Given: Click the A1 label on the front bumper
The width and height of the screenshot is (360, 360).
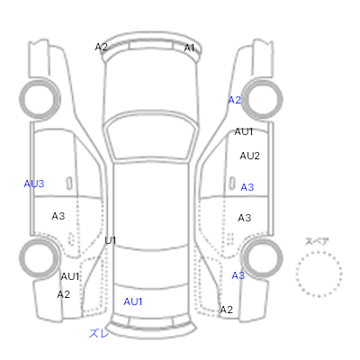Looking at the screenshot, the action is (x=189, y=48).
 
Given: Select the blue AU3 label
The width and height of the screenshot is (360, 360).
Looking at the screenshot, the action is (x=34, y=184).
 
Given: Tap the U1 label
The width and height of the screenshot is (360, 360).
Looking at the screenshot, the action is (x=111, y=240).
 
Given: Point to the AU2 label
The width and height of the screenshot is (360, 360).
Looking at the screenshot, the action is (x=249, y=156).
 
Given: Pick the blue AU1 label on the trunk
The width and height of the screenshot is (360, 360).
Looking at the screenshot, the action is (x=133, y=301).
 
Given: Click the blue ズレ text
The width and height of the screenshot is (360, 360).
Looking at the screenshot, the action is (x=99, y=333).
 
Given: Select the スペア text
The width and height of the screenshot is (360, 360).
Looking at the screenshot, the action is (x=317, y=242).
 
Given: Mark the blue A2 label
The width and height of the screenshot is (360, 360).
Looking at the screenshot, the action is (x=235, y=100).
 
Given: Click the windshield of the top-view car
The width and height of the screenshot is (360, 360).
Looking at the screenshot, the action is (x=152, y=138).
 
